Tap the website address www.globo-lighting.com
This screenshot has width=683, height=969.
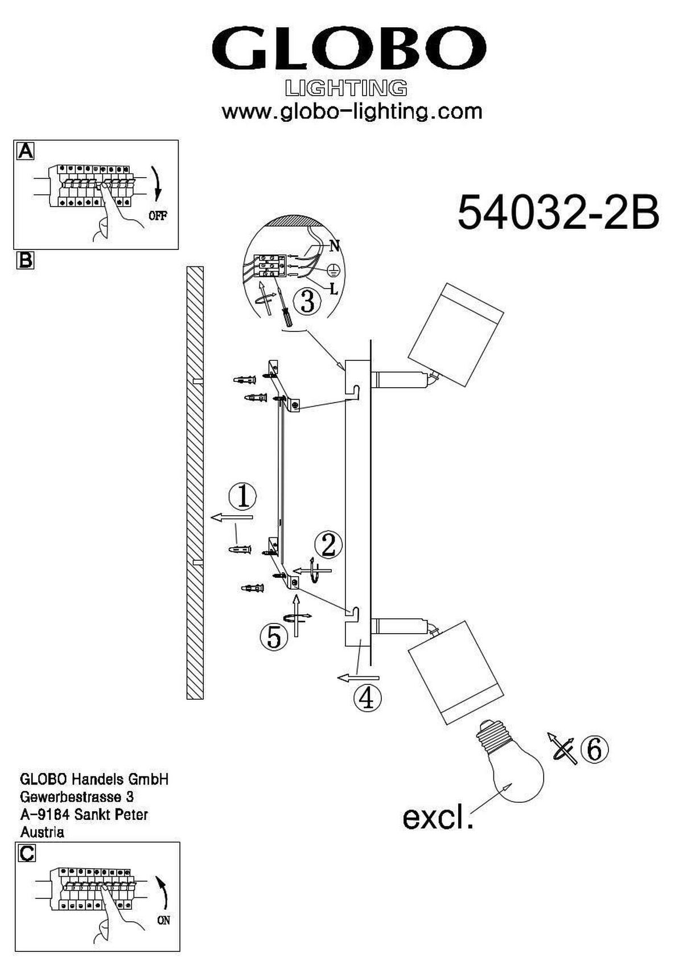[x=352, y=111]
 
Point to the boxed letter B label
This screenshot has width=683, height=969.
[x=25, y=260]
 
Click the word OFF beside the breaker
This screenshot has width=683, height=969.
[x=158, y=216]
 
